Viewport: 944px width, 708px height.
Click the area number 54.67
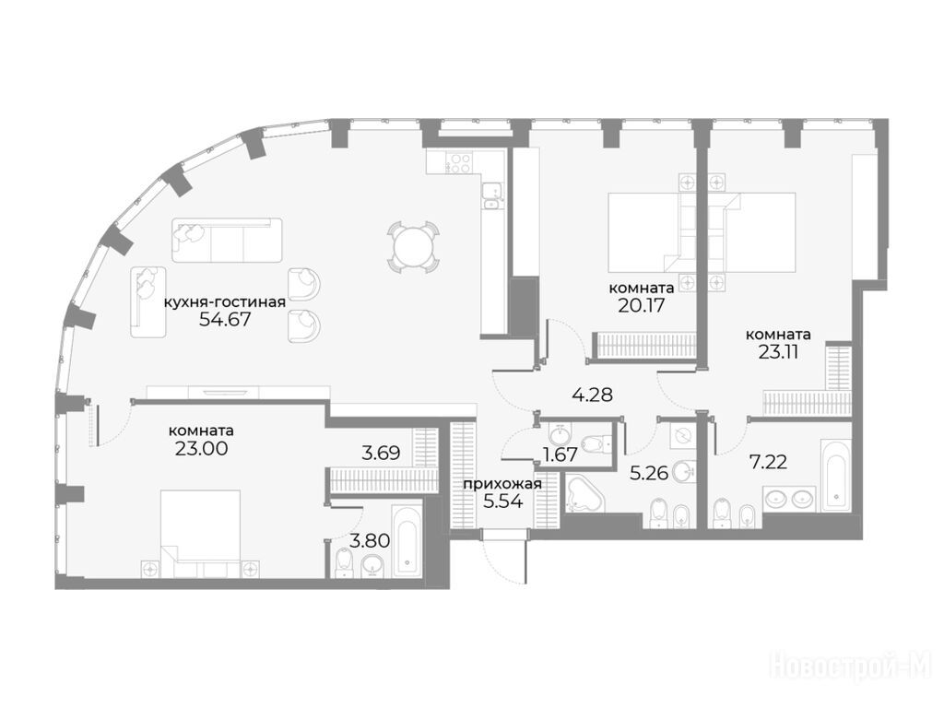(224, 318)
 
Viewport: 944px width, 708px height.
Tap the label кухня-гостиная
(225, 301)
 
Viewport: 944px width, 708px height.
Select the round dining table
(413, 246)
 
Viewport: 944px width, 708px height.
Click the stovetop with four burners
(461, 162)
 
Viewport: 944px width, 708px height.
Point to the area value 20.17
(641, 305)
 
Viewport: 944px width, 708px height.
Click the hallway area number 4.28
(592, 395)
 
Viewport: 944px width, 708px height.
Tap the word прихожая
(502, 483)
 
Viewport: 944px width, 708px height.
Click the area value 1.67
(560, 454)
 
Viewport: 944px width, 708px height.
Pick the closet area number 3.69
(381, 452)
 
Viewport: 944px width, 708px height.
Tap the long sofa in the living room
(227, 241)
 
